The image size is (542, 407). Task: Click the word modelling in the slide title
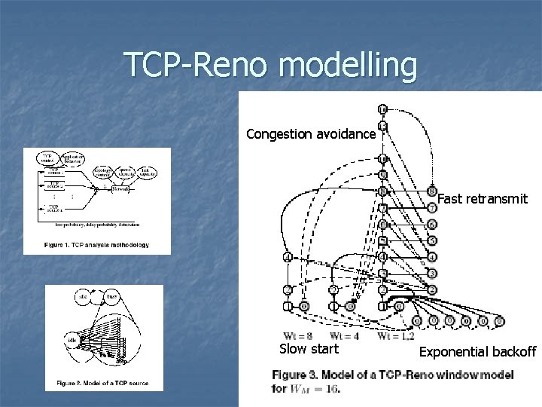346,66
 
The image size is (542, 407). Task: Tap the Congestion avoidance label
310,135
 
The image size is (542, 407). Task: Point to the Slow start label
309,349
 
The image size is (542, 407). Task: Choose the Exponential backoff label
477,351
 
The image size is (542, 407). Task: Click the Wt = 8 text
297,335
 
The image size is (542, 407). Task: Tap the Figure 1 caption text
96,245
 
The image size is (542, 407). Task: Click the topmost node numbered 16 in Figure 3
383,110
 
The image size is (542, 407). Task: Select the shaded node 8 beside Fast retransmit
431,191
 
